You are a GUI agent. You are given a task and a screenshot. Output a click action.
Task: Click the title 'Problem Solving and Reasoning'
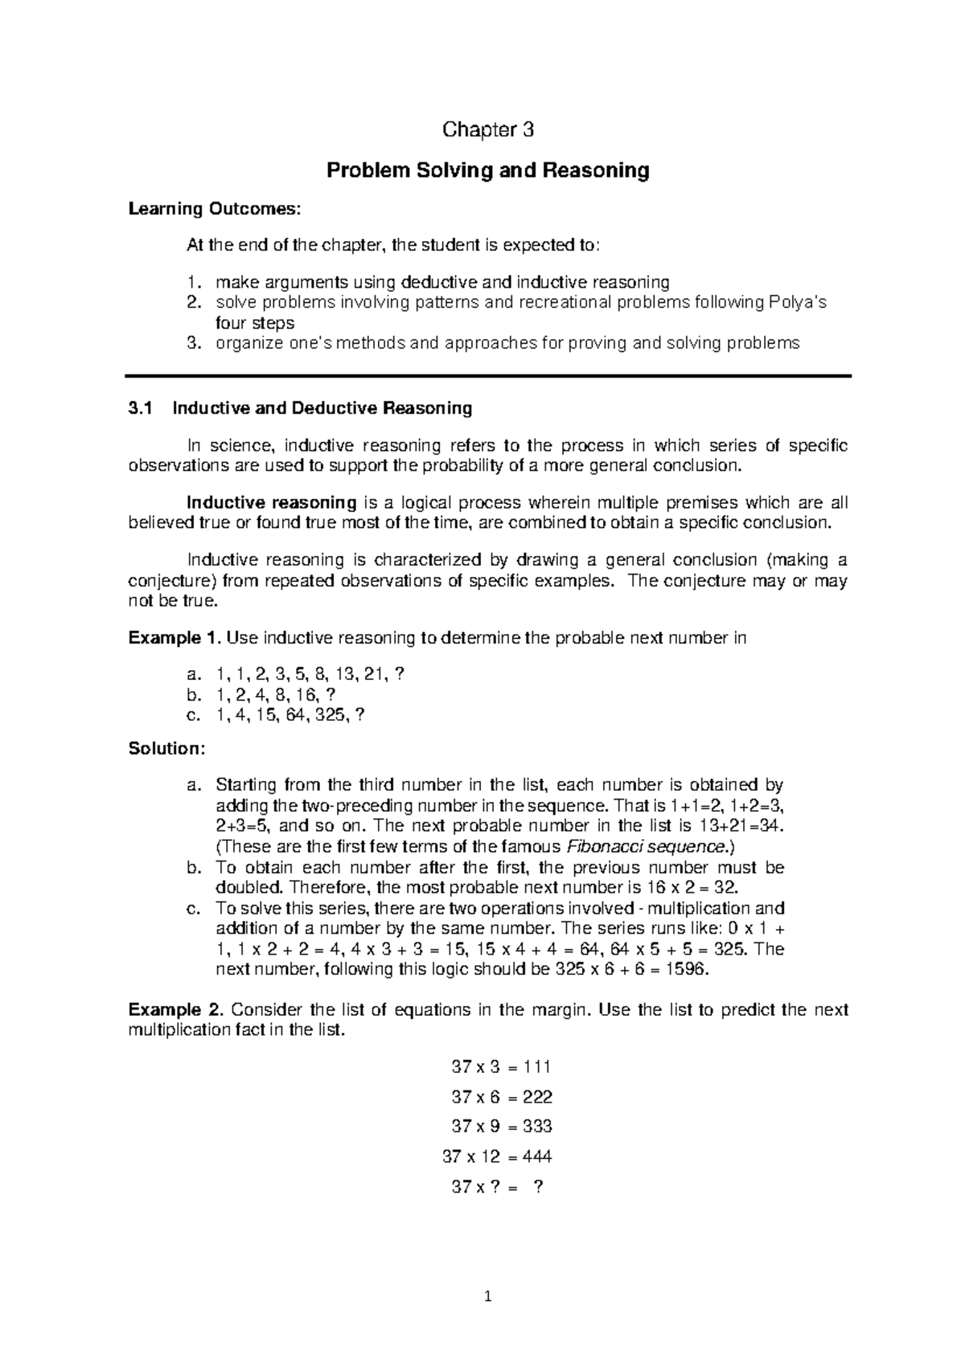click(486, 170)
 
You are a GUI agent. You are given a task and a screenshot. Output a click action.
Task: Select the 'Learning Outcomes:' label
click(215, 209)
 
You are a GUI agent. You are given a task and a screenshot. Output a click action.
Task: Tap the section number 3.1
click(140, 408)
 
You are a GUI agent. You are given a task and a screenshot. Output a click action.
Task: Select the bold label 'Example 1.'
click(175, 638)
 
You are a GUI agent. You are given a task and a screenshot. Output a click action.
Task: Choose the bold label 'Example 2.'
click(175, 1009)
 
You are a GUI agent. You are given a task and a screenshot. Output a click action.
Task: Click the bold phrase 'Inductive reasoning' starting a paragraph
click(271, 503)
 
